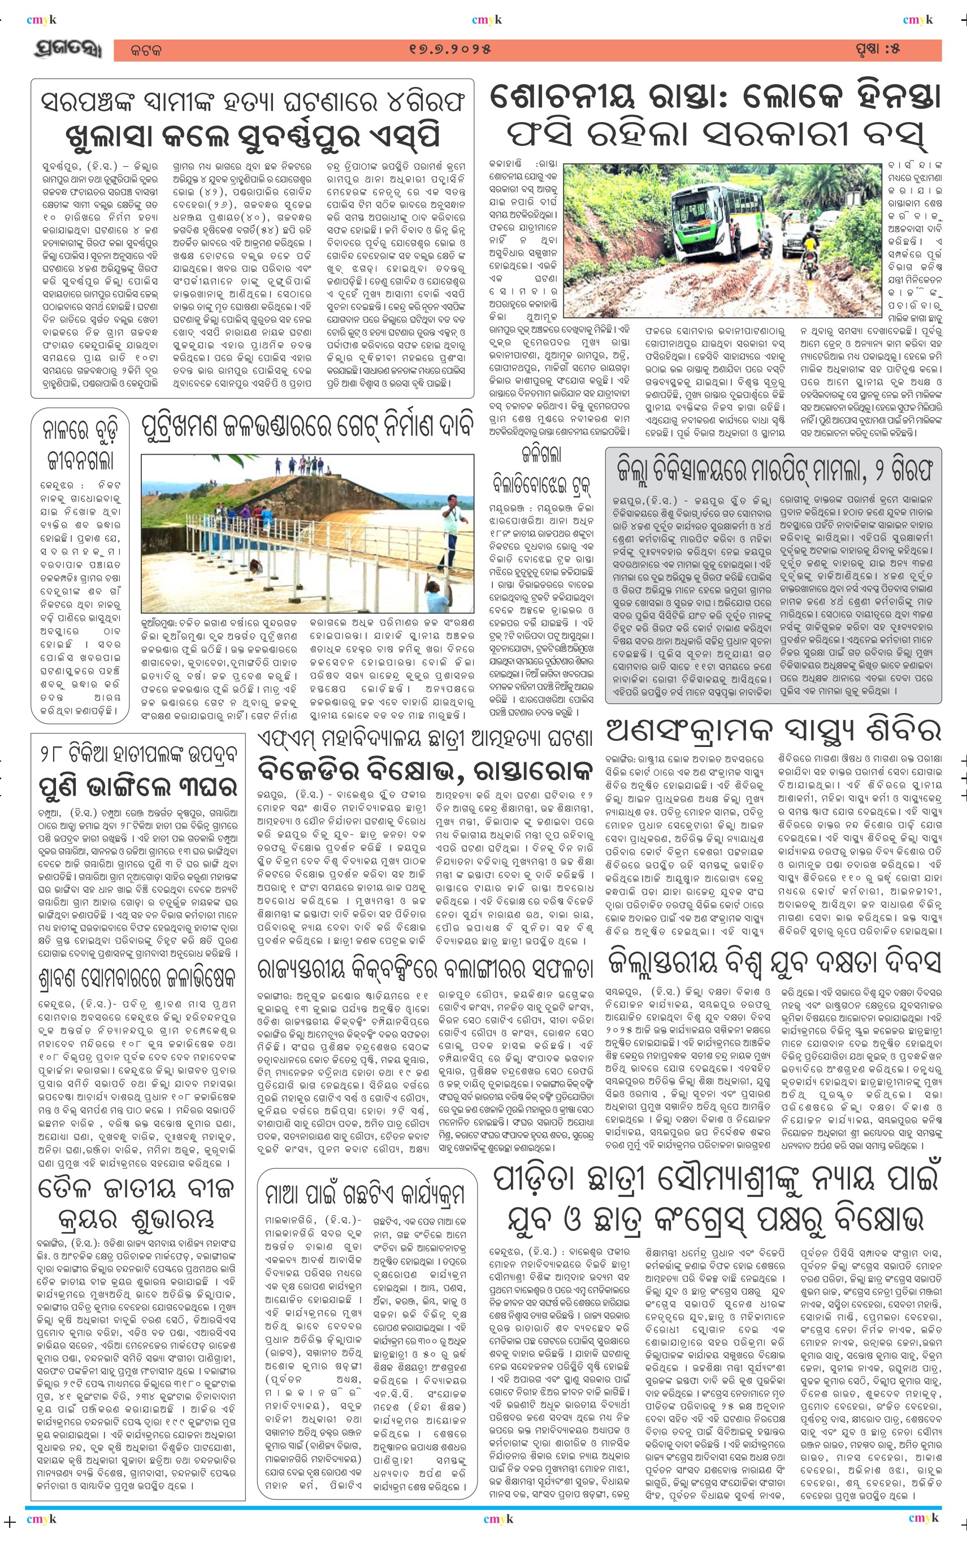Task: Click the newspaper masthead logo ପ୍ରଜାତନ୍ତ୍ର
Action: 67,50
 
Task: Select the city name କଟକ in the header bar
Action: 146,50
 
